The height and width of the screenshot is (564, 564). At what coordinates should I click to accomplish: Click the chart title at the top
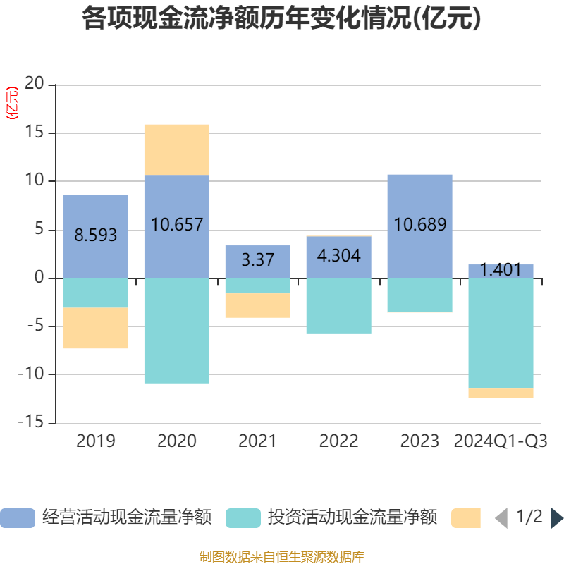point(282,19)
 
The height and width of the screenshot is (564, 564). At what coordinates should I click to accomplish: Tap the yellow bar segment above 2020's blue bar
point(176,149)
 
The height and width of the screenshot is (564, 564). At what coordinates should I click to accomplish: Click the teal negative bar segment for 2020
point(176,331)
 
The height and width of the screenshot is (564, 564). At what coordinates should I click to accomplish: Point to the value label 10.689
point(419,225)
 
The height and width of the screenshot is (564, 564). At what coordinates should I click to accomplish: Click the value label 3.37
point(257,259)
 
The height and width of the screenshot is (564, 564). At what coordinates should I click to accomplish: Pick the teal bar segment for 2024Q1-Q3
point(501,333)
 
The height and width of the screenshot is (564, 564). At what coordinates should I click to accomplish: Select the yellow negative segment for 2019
point(96,328)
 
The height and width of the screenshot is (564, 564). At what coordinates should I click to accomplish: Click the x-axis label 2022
point(338,441)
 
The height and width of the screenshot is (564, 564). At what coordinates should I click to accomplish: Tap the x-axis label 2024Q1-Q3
point(501,441)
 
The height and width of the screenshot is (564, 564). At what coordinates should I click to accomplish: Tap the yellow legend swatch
point(465,517)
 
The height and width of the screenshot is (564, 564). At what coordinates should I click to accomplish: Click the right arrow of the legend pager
point(557,518)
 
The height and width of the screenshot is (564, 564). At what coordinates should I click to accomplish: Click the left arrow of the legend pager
point(501,518)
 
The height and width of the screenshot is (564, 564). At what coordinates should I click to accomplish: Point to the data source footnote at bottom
point(282,556)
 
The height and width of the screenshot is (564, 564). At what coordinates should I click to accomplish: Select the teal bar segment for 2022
point(338,306)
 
